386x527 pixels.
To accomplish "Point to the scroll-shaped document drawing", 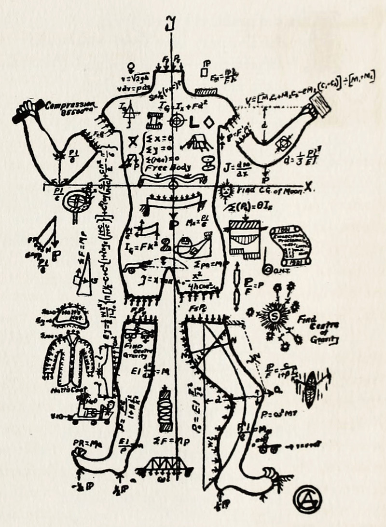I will pyautogui.click(x=289, y=245).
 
